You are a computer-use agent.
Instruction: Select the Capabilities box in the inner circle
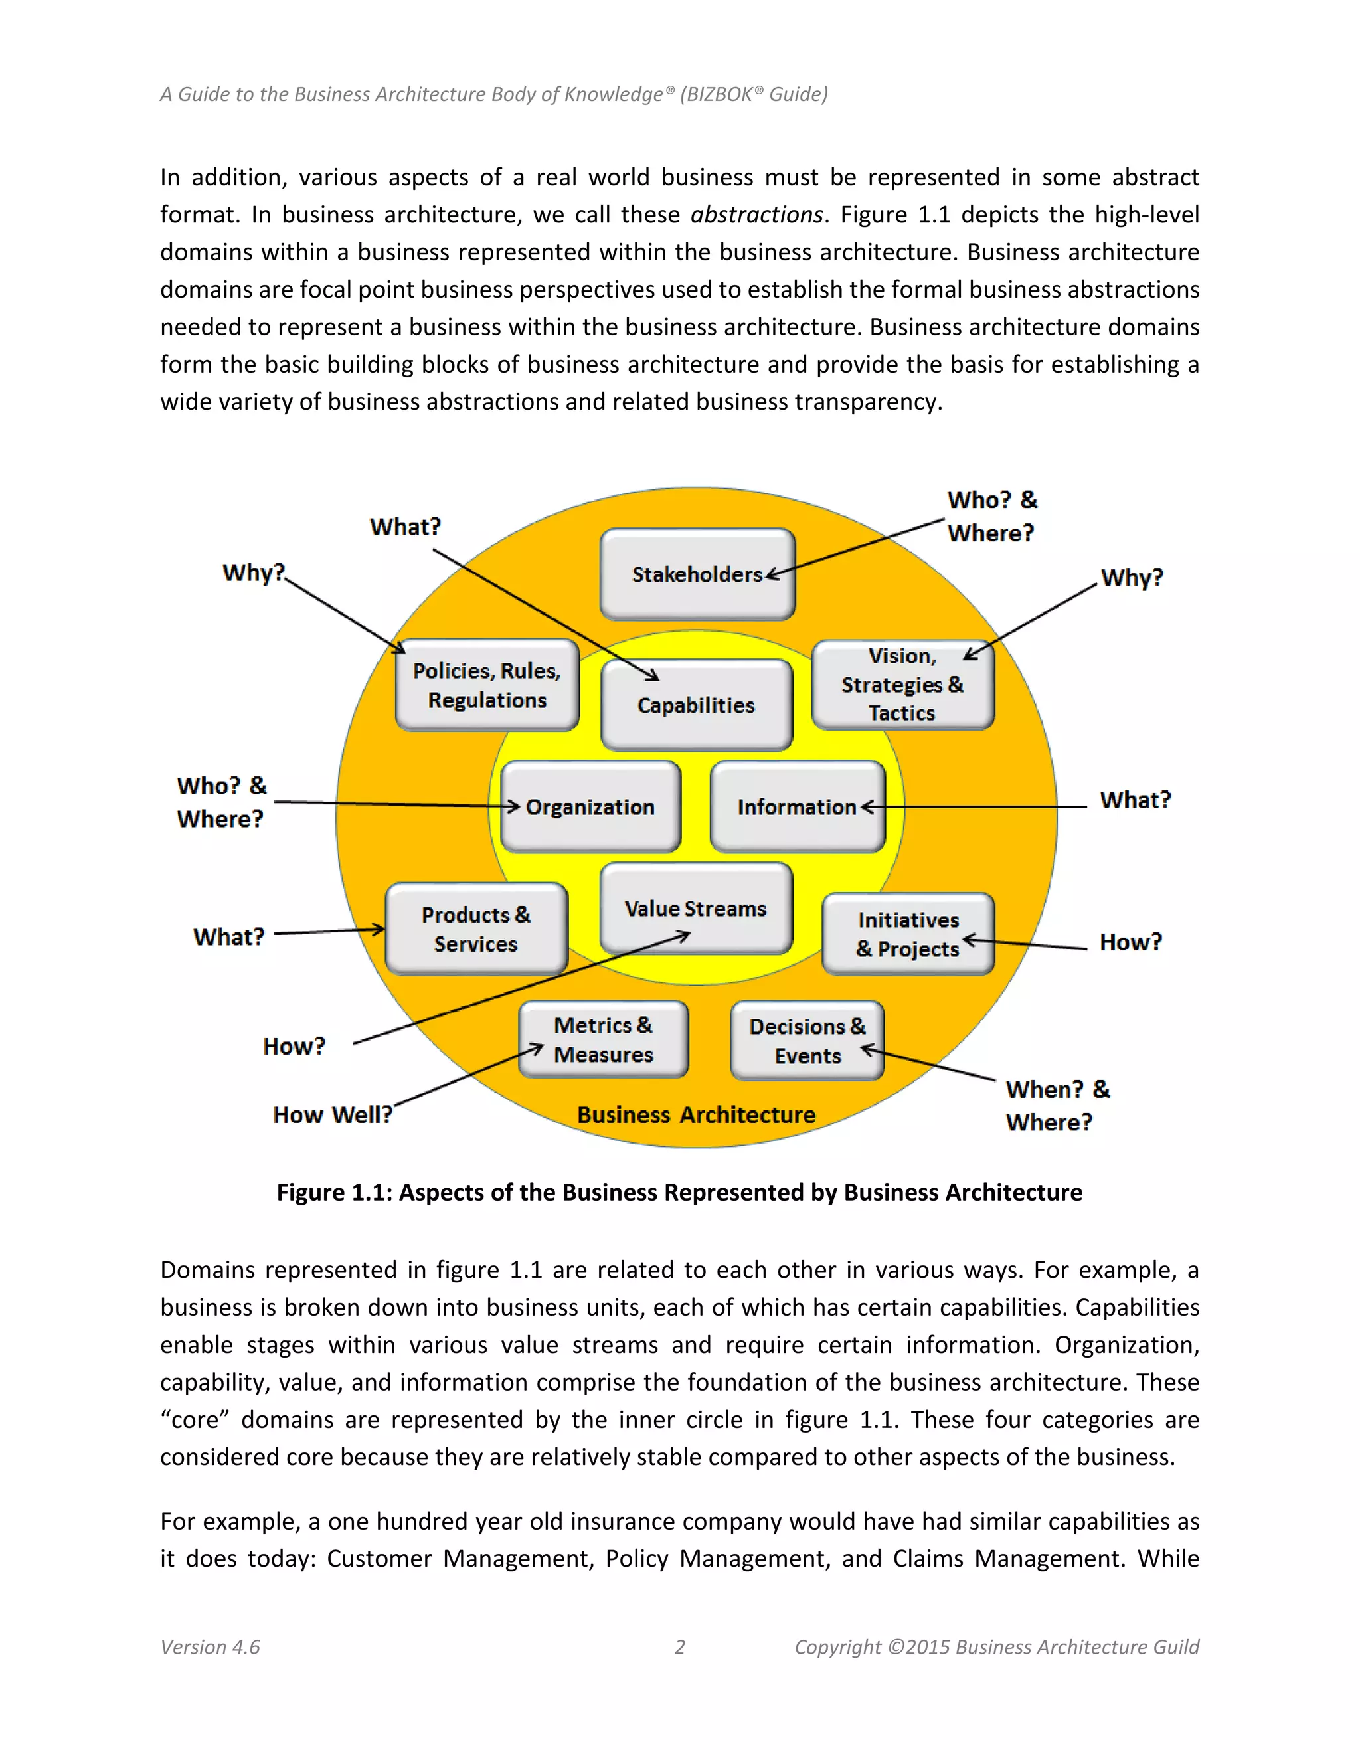[x=696, y=705]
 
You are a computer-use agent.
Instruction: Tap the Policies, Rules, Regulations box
[x=487, y=685]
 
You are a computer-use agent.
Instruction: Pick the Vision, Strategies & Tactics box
[x=902, y=685]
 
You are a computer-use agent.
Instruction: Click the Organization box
[x=590, y=807]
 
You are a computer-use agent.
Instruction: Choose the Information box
[x=798, y=807]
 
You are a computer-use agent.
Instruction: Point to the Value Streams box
[x=696, y=908]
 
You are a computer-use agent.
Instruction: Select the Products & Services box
[x=476, y=929]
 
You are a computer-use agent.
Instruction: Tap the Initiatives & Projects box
[x=908, y=934]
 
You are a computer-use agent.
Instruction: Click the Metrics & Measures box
[x=604, y=1039]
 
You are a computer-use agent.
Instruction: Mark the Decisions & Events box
[x=807, y=1040]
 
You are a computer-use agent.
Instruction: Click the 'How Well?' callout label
[x=333, y=1114]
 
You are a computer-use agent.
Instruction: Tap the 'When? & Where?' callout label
[x=1057, y=1106]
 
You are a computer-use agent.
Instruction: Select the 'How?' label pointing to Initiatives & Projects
[x=1130, y=942]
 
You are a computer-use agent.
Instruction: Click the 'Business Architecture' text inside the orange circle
[x=696, y=1114]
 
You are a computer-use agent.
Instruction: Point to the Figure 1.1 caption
[x=679, y=1192]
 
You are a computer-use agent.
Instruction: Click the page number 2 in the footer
[x=679, y=1646]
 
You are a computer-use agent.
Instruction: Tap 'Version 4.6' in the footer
[x=211, y=1646]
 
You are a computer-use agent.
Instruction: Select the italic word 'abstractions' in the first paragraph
[x=756, y=215]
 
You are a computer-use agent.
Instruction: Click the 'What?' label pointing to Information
[x=1134, y=800]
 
